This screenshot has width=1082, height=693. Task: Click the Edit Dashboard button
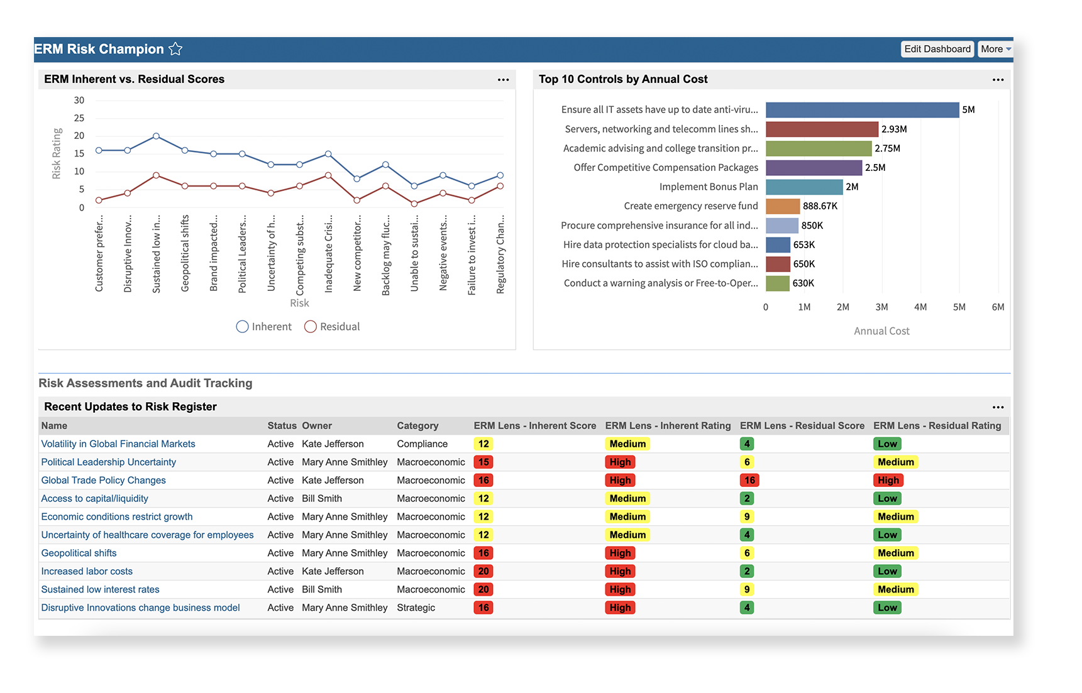coord(937,49)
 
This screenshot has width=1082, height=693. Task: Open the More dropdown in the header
coord(995,49)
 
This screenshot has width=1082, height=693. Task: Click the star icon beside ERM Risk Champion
coord(175,49)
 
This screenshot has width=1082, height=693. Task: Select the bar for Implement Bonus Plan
coord(803,187)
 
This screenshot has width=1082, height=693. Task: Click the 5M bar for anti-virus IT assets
coord(861,110)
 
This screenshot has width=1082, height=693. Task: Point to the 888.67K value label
coord(820,206)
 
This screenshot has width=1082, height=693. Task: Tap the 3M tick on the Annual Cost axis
coord(881,307)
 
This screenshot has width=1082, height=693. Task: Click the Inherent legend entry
coord(264,327)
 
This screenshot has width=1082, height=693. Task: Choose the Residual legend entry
coord(332,327)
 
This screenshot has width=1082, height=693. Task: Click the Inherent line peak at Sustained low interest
coord(156,136)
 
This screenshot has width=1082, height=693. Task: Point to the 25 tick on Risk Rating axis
coord(79,118)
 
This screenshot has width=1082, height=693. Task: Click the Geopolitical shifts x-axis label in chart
coord(185,253)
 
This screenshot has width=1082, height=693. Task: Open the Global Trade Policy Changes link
coord(104,480)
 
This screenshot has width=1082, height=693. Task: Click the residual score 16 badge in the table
coord(749,480)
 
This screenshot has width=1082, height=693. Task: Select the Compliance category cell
coord(422,444)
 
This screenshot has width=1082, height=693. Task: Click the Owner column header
coord(316,425)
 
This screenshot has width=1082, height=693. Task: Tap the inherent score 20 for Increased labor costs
coord(483,571)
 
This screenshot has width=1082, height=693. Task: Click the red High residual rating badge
coord(888,480)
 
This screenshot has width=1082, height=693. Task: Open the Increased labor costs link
coord(87,571)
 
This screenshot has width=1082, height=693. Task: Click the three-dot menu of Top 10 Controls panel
coord(998,80)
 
